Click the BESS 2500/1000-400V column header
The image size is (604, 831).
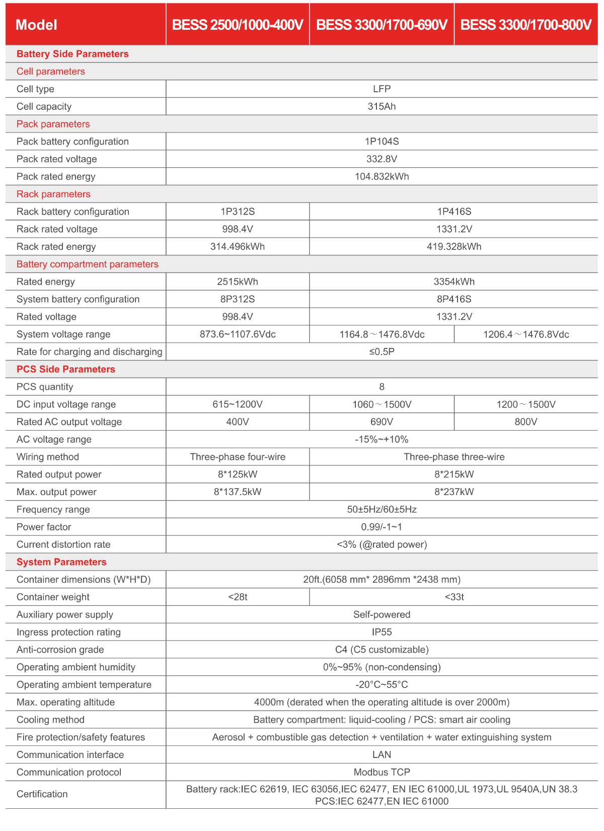238,25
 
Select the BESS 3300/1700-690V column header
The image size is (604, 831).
382,25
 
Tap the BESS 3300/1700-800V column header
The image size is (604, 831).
526,25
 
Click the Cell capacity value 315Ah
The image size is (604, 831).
382,106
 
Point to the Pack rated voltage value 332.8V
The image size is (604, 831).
382,159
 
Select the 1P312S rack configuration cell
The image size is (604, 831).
238,212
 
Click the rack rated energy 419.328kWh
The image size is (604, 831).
454,247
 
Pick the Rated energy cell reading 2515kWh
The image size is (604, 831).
238,282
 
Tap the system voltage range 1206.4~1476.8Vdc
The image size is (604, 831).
526,334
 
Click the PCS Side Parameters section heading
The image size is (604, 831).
66,369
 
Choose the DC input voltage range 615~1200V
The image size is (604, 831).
238,404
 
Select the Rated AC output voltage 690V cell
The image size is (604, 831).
382,422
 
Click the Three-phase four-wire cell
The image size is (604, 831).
238,457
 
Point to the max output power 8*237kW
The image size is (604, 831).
454,492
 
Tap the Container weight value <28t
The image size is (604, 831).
238,597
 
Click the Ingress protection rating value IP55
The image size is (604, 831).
382,632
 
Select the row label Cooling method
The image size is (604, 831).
50,720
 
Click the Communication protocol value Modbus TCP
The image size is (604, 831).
382,772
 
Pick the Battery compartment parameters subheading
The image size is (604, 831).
88,264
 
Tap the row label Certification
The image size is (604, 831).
42,794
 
